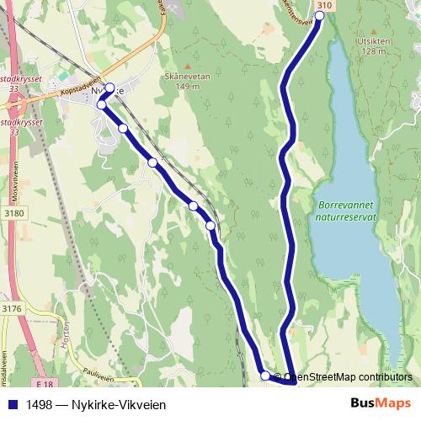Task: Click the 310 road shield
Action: (x=326, y=5)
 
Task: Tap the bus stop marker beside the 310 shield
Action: (x=320, y=15)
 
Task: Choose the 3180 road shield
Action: (x=13, y=214)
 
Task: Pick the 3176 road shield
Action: (x=12, y=309)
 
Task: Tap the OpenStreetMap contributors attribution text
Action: (x=347, y=377)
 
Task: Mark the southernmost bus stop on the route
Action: (x=265, y=376)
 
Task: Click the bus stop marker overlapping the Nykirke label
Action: (x=109, y=87)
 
